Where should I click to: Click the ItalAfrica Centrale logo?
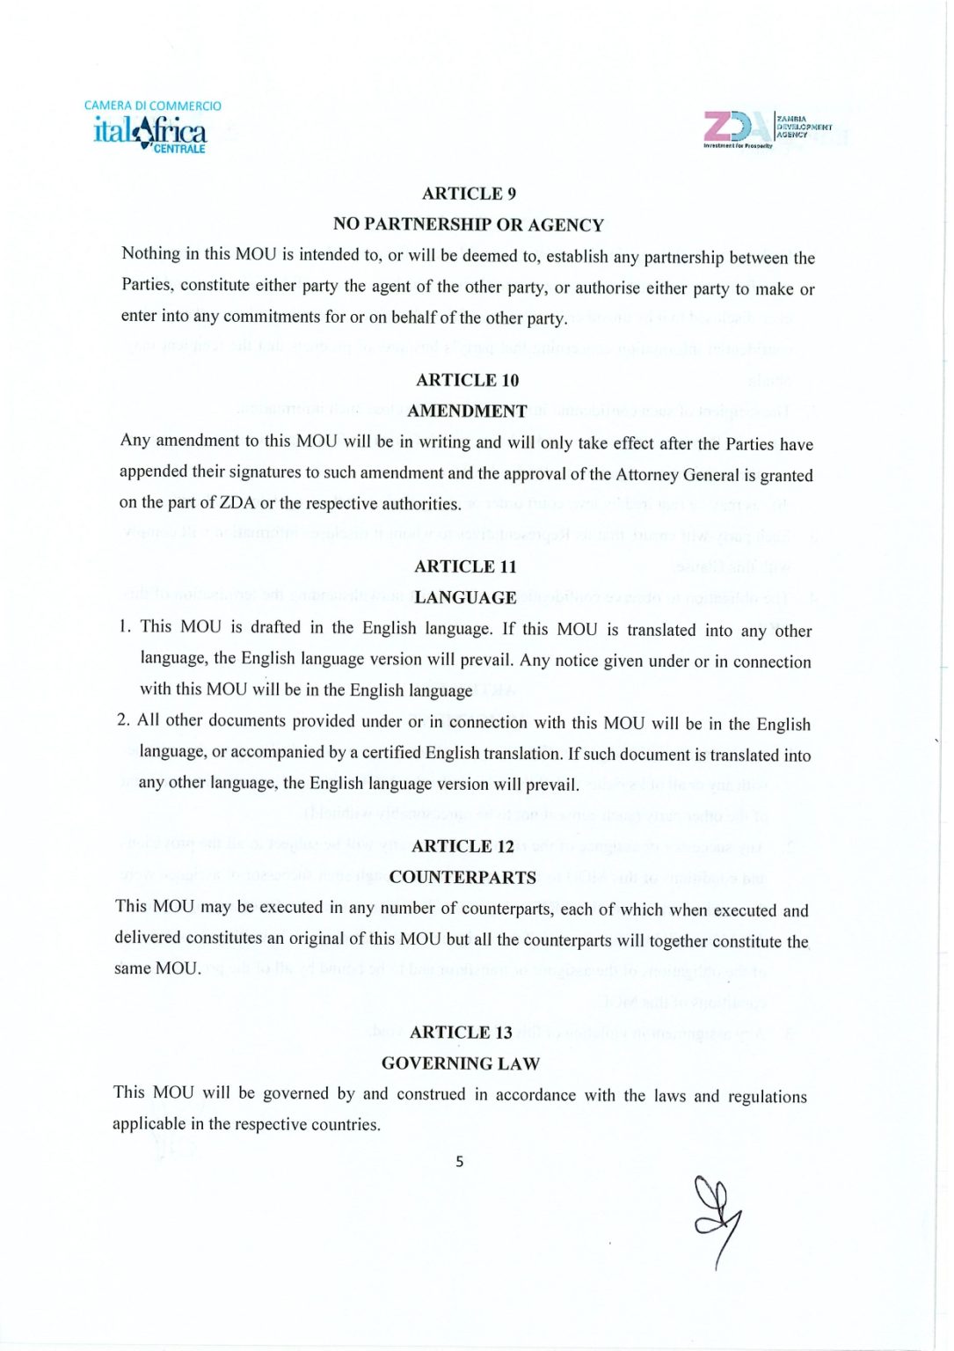[151, 128]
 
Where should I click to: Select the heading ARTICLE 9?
[469, 194]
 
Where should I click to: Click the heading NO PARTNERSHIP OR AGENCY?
[468, 225]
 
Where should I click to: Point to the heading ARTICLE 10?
[467, 380]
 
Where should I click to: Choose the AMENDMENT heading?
[467, 411]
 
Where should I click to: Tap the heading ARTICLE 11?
[465, 566]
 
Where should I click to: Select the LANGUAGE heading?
[465, 597]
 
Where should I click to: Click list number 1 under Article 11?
[125, 626]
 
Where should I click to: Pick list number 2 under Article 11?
[123, 720]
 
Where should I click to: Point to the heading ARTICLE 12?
[462, 846]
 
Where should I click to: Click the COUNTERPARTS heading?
[462, 877]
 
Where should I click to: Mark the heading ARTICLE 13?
[461, 1033]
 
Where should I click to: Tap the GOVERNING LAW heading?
[461, 1063]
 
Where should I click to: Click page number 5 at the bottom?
[459, 1162]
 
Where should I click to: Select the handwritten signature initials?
[717, 1218]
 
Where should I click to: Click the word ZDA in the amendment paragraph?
[237, 503]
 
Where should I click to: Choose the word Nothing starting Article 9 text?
[150, 254]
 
